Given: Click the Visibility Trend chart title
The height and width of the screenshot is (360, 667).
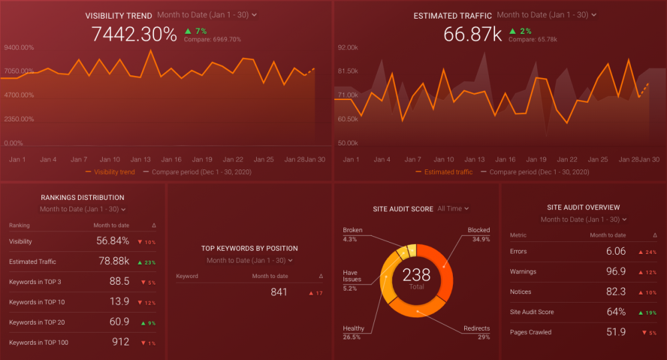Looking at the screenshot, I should point(119,15).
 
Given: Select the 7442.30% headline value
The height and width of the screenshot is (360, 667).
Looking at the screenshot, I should point(134,35).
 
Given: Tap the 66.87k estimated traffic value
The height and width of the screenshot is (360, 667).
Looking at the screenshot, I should point(472,35).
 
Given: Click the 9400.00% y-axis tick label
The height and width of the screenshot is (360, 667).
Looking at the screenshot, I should point(19,47).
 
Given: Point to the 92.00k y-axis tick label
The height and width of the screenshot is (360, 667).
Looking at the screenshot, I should point(348,47).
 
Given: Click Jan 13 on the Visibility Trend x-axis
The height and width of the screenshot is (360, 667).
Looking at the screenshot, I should point(140,159).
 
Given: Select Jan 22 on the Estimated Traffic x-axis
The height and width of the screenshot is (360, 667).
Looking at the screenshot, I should point(567,159).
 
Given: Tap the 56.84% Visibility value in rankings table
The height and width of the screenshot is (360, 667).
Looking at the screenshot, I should point(113,241).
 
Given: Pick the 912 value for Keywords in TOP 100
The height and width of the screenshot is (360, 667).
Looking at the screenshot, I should point(121,342).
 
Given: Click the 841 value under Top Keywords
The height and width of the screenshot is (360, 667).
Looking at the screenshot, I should point(279,292).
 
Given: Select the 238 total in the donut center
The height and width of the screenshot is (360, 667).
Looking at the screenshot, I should point(416,275).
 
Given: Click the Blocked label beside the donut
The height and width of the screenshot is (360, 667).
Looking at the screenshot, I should point(478,230).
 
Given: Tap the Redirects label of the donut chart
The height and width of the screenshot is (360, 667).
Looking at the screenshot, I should point(476,329).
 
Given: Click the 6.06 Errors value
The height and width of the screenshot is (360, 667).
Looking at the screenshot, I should point(616,251).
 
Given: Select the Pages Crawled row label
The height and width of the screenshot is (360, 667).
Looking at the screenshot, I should point(530,332).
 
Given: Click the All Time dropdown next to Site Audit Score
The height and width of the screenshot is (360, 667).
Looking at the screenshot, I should point(453,209).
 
